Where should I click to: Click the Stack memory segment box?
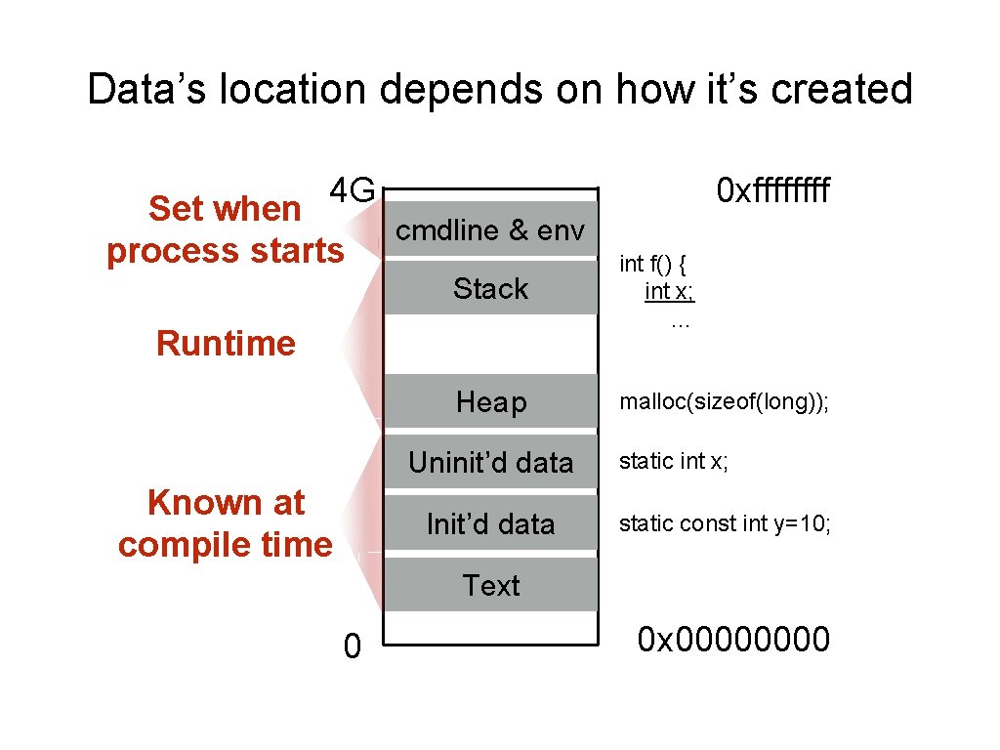[490, 288]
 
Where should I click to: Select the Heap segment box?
[490, 401]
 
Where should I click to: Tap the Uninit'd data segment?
[490, 462]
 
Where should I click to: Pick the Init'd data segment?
[490, 523]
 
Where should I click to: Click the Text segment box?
[490, 585]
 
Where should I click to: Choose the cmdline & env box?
[490, 230]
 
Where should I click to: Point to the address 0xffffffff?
[772, 190]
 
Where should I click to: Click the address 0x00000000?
[733, 640]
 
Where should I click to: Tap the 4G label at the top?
[352, 189]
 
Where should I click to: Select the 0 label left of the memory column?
[352, 646]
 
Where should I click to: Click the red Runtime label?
[226, 344]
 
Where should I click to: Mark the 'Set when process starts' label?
[226, 229]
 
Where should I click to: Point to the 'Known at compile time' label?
[226, 523]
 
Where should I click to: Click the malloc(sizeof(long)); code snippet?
[724, 403]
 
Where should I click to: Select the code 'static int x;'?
[674, 462]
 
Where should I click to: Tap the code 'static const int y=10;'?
[726, 524]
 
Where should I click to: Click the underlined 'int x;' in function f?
[670, 291]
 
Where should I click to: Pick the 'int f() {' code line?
[654, 264]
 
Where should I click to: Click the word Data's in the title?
[146, 90]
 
